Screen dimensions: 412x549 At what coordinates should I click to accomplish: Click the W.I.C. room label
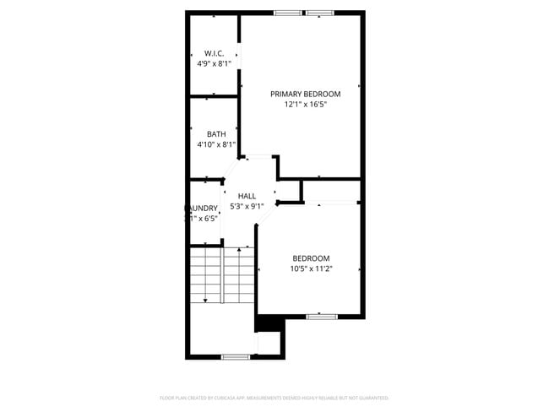(214, 53)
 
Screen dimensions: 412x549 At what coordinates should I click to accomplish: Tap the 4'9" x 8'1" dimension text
(214, 63)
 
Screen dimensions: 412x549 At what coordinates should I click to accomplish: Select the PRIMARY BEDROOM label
(305, 94)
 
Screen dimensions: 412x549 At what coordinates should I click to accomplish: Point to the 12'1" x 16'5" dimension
(305, 105)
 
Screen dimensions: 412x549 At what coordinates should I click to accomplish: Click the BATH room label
(216, 134)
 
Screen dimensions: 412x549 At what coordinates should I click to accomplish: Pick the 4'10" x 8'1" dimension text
(216, 144)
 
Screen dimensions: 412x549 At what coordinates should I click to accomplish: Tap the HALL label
(247, 196)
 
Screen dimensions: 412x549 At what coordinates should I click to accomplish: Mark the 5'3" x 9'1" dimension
(247, 206)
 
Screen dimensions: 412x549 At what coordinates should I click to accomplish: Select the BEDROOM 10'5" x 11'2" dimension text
(311, 269)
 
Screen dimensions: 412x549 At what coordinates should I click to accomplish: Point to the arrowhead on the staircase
(205, 301)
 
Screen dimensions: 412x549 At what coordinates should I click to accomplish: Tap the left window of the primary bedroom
(286, 13)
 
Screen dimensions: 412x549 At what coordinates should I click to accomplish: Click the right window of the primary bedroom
(319, 13)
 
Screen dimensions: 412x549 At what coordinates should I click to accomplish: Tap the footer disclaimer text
(274, 397)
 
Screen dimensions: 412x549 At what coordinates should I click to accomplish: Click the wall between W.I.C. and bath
(214, 97)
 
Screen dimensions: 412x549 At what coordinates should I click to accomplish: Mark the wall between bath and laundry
(204, 179)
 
